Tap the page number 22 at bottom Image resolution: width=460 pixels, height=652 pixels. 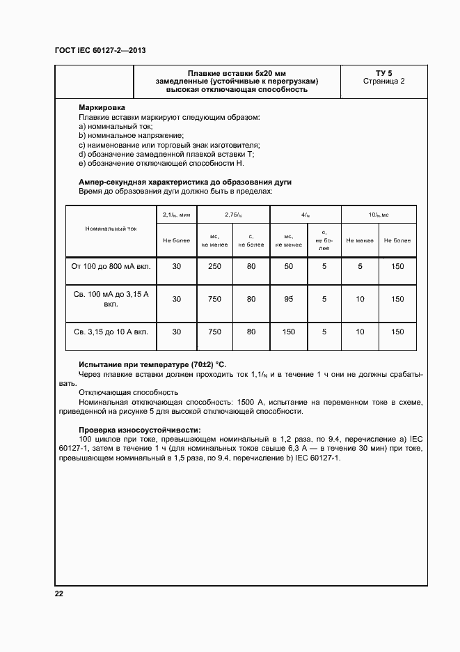click(x=59, y=593)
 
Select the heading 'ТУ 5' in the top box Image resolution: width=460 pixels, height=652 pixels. click(x=383, y=72)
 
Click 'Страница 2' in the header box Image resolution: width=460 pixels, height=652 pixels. click(x=383, y=81)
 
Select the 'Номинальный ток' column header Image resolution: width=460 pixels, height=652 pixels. click(x=111, y=228)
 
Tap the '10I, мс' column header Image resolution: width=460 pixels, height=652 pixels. click(x=379, y=216)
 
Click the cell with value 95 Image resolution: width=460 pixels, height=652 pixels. click(x=288, y=299)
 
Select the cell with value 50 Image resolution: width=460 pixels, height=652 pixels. click(x=288, y=267)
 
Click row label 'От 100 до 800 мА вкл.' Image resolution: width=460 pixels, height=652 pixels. click(x=111, y=267)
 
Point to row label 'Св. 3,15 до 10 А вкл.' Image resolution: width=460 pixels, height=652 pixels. click(x=111, y=332)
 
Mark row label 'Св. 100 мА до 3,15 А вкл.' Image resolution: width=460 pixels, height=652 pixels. click(x=111, y=299)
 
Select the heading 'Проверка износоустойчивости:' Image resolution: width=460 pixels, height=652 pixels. click(x=140, y=430)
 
